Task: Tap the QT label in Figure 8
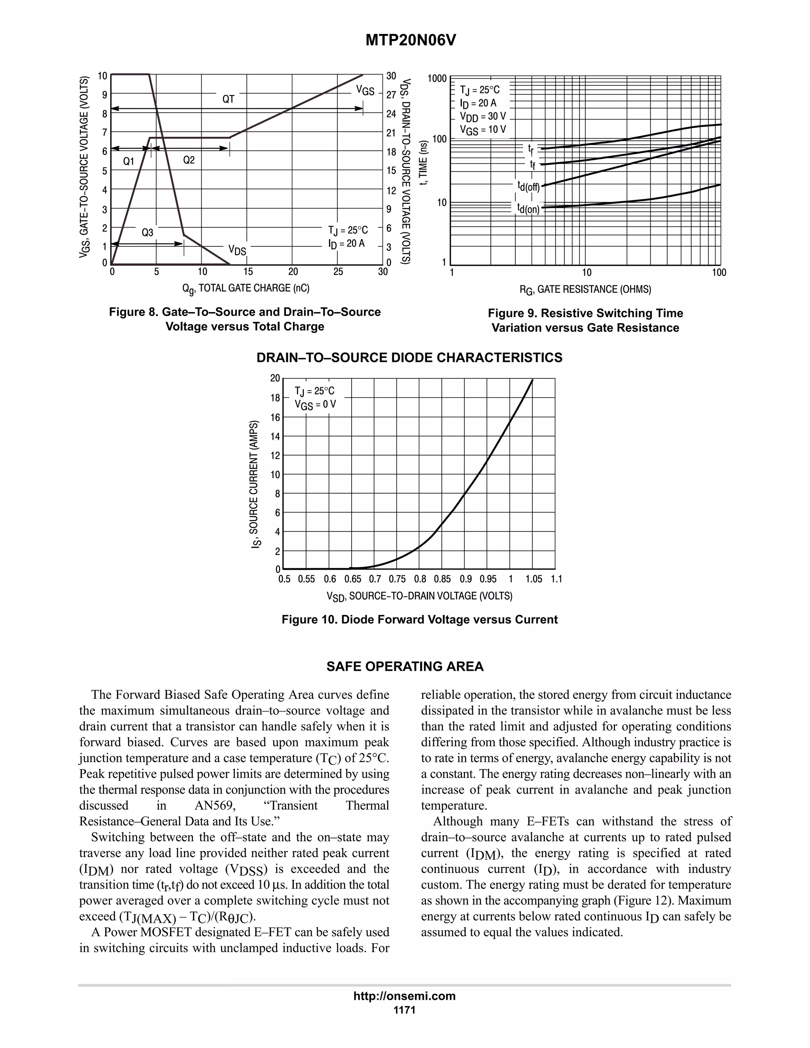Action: pyautogui.click(x=229, y=99)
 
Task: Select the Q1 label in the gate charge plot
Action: pyautogui.click(x=128, y=162)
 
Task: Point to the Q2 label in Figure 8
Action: pyautogui.click(x=189, y=160)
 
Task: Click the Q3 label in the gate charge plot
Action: pyautogui.click(x=147, y=233)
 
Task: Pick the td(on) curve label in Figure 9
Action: pyautogui.click(x=528, y=208)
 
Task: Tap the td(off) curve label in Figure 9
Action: pyautogui.click(x=528, y=186)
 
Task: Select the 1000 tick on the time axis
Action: pyautogui.click(x=437, y=79)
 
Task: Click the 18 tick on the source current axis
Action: pyautogui.click(x=275, y=398)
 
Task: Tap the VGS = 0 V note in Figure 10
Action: pyautogui.click(x=315, y=405)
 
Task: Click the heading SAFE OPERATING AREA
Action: pyautogui.click(x=405, y=666)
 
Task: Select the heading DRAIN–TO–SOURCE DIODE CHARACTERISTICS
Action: pyautogui.click(x=409, y=358)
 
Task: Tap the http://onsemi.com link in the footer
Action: pyautogui.click(x=405, y=996)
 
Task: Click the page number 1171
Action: pyautogui.click(x=405, y=1010)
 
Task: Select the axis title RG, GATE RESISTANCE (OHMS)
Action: pyautogui.click(x=585, y=289)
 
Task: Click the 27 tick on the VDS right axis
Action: pyautogui.click(x=392, y=95)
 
